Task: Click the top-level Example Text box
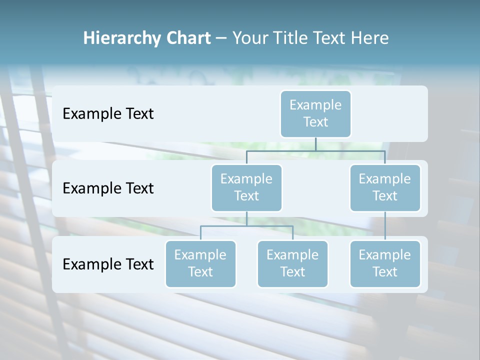coord(315,113)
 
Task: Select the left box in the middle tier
coord(246,187)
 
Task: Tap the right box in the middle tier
coord(385,187)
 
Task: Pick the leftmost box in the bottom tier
coord(200,263)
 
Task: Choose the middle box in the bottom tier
coord(292,263)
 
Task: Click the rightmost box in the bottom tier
coord(385,263)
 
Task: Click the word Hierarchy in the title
coord(120,38)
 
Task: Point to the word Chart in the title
coord(187,38)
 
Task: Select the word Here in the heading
coord(369,38)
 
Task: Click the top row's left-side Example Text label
coord(108,114)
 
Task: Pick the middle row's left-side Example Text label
coord(108,188)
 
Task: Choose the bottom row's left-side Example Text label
coord(108,264)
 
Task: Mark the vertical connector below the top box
coord(315,144)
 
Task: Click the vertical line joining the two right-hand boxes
coord(385,226)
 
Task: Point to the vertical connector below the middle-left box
coord(246,218)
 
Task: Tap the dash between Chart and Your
coord(221,38)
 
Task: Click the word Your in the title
coord(250,38)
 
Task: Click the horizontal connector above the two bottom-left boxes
coord(246,226)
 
